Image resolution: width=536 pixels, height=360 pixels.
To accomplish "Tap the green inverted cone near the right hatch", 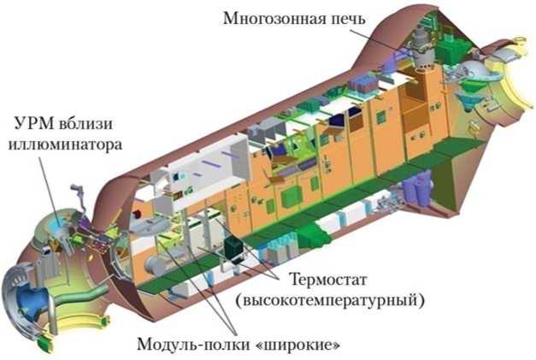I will coord(468,100).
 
